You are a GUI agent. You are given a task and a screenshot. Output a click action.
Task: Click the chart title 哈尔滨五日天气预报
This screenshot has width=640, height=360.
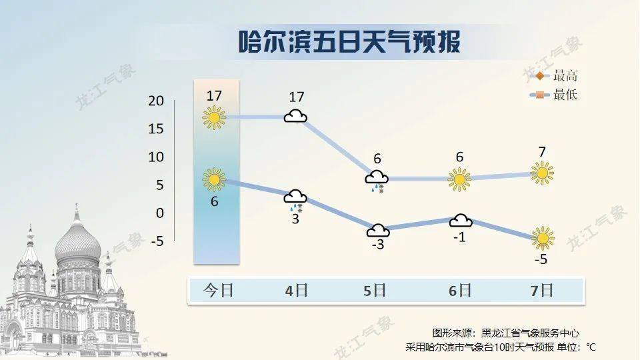349,41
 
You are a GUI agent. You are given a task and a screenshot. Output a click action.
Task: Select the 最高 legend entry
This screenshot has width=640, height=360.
553,76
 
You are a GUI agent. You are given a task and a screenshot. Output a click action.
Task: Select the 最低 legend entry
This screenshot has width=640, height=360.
553,95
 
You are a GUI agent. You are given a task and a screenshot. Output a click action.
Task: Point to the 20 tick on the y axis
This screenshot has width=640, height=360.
156,101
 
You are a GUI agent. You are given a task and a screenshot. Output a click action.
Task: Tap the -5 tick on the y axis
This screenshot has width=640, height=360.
157,241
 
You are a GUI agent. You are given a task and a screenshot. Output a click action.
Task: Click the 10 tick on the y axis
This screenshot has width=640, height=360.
156,157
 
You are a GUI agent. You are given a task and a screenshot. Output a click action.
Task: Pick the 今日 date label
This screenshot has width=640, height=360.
219,290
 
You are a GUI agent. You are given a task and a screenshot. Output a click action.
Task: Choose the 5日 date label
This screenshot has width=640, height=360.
375,290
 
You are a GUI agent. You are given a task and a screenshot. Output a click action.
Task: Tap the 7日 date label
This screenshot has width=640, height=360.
541,290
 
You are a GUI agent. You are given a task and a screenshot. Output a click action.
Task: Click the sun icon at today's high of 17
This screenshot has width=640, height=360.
214,117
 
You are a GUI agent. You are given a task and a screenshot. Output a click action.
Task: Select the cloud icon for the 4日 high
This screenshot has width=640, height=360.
295,116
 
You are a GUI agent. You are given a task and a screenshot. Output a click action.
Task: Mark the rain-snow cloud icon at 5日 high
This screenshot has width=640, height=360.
376,181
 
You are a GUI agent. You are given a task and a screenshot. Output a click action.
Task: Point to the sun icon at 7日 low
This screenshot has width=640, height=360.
543,238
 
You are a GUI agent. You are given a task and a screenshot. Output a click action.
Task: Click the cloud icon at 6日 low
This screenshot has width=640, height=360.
461,221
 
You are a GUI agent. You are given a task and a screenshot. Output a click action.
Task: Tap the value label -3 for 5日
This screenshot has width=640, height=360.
378,245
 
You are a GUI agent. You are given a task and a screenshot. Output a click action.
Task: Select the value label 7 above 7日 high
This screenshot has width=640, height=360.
542,152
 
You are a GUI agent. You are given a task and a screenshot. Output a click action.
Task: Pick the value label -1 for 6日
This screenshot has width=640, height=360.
459,237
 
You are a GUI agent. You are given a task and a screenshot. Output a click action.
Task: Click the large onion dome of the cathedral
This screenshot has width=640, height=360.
77,245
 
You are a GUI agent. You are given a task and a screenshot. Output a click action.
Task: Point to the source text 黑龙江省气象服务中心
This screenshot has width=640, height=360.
530,333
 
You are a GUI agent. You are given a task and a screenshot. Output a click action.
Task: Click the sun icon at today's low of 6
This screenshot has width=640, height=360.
214,179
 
